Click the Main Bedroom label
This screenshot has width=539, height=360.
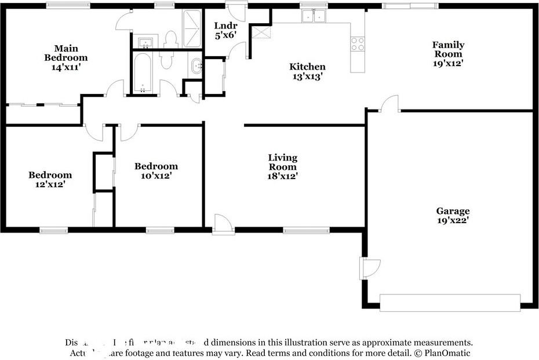[66, 53]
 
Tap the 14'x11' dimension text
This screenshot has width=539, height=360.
[66, 67]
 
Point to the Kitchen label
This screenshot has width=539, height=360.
[307, 67]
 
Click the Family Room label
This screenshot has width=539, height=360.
[448, 49]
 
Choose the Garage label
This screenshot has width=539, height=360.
[453, 211]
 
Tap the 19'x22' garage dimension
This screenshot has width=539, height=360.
[453, 220]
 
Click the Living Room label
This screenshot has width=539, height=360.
[282, 162]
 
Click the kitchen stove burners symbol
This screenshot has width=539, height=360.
[358, 43]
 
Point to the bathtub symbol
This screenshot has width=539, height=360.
[142, 72]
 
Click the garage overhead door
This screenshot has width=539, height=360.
[450, 303]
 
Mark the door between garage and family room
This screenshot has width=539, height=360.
[389, 105]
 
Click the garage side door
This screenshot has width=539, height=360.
[370, 268]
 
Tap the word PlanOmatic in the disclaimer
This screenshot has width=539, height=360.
[446, 352]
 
